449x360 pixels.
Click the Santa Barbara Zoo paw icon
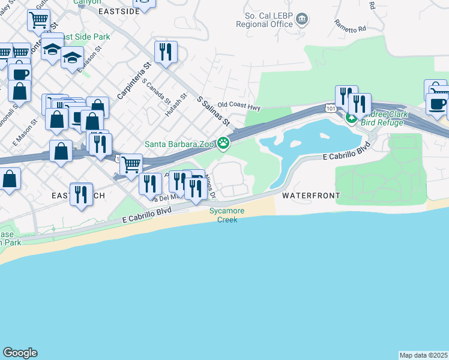(224, 143)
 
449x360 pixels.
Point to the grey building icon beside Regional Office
(301, 20)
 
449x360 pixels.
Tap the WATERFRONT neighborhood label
(311, 196)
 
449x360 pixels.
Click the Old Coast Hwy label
(239, 106)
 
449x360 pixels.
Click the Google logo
(20, 353)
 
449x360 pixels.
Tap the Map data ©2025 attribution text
(423, 355)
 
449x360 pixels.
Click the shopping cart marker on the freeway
(131, 164)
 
